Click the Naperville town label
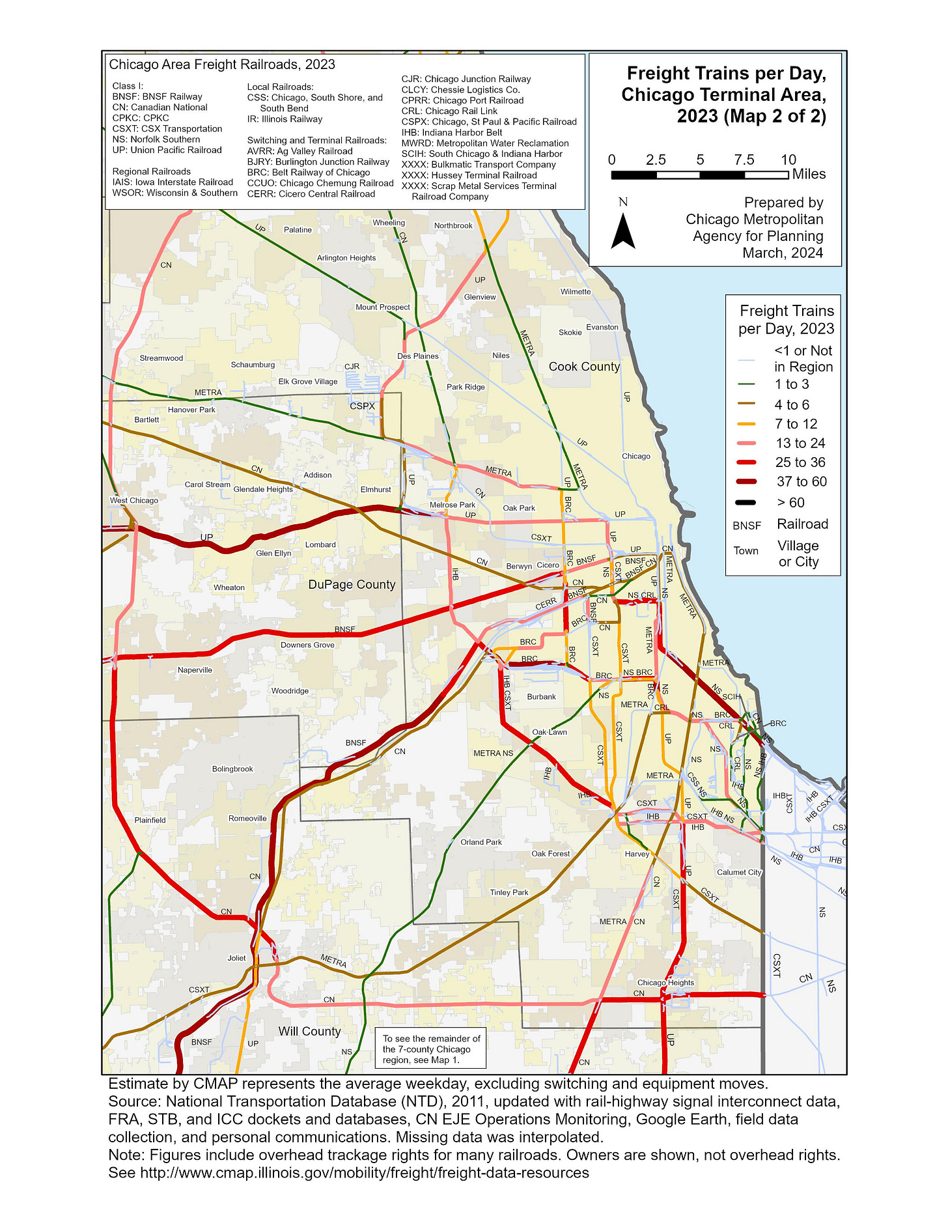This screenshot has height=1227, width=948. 195,670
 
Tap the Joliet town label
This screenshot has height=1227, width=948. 236,958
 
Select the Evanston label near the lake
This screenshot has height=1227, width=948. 602,327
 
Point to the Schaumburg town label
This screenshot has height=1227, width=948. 253,365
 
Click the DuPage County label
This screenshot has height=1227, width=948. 352,585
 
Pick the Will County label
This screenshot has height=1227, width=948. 309,1031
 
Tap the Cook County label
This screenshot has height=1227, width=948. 584,367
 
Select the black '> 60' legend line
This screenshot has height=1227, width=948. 747,503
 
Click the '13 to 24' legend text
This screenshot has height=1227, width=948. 800,443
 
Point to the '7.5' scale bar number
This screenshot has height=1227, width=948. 744,160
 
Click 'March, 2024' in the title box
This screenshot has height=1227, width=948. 783,253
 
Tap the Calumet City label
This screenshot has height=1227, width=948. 739,872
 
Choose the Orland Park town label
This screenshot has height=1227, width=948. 481,842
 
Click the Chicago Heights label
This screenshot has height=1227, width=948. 665,983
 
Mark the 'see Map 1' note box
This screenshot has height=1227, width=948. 431,1049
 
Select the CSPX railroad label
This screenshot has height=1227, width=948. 362,406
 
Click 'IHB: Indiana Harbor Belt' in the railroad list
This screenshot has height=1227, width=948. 452,132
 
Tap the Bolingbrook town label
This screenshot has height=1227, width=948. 232,769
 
